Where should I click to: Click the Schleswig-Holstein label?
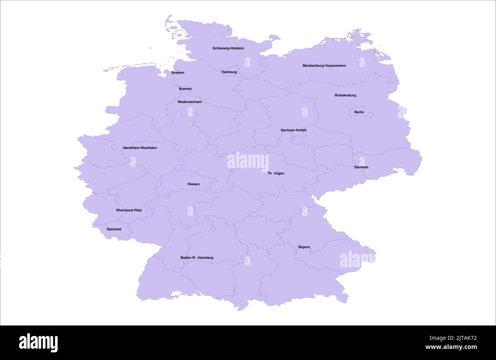tap(228, 48)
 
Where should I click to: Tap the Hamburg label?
tap(229, 72)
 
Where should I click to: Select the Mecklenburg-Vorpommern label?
tap(324, 66)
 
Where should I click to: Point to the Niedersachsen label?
tap(190, 102)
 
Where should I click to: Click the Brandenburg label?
tap(345, 95)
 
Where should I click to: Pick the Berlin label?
tap(359, 112)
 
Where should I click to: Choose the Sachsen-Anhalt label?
tap(293, 130)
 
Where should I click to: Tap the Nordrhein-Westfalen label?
tap(140, 148)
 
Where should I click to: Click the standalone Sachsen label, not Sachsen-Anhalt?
tap(361, 167)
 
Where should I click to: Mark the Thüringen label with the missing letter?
tap(276, 174)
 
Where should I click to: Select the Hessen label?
tap(193, 184)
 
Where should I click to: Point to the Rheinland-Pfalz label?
tap(129, 210)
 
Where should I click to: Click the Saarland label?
tap(114, 229)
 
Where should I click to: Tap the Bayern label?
tap(304, 247)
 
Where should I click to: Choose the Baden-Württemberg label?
tap(197, 258)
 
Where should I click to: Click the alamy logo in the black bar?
tap(38, 342)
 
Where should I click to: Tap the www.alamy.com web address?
tap(451, 347)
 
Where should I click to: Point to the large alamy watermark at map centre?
tap(248, 162)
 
